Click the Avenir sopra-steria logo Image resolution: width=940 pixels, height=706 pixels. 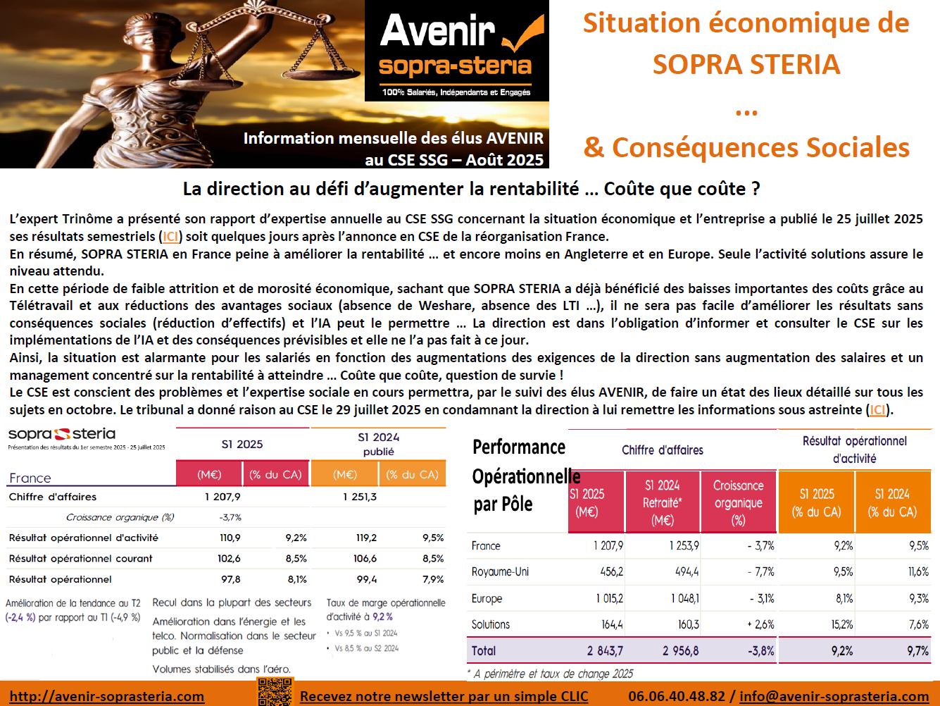[x=456, y=51]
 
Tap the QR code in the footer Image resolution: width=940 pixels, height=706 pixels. [x=275, y=692]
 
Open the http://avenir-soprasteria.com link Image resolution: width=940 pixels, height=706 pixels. [x=107, y=696]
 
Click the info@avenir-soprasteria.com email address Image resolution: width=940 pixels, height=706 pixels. [x=834, y=696]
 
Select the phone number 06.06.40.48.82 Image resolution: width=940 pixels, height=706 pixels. [x=676, y=696]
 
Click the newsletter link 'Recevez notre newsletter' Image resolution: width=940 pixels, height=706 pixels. [x=444, y=696]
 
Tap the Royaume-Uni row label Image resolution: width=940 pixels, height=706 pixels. [x=500, y=572]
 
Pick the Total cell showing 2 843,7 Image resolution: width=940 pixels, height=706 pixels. [x=605, y=651]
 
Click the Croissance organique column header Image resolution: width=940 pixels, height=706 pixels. [x=738, y=502]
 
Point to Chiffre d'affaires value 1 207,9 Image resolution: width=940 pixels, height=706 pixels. [x=223, y=497]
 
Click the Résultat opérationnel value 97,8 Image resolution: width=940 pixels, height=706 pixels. [x=230, y=579]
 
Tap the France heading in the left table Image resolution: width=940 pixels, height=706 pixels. [x=30, y=478]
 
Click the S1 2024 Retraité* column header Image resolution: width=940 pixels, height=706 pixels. [x=662, y=502]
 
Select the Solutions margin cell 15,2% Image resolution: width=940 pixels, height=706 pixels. [x=841, y=625]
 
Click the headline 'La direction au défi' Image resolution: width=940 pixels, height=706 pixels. [x=471, y=189]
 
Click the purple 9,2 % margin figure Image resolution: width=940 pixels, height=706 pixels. [x=382, y=617]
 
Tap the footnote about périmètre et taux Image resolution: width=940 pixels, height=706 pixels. [x=551, y=674]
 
